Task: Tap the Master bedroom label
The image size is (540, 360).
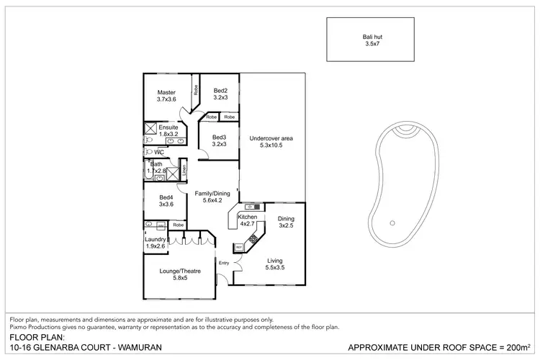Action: point(167,92)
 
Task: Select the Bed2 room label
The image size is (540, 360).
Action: point(220,91)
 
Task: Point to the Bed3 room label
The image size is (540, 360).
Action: point(219,137)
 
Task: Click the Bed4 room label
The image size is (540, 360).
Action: point(166,197)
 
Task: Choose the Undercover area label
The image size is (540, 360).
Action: point(271,138)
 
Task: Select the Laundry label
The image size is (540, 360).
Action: point(156,239)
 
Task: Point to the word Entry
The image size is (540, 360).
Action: point(223,263)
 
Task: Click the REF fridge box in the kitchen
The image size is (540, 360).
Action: point(239,247)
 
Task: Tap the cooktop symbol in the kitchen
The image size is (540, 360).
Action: point(253,235)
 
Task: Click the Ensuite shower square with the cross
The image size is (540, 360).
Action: point(151,130)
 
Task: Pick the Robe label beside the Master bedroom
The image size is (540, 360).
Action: point(194,90)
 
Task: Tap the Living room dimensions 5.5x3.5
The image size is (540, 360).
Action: point(275,268)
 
